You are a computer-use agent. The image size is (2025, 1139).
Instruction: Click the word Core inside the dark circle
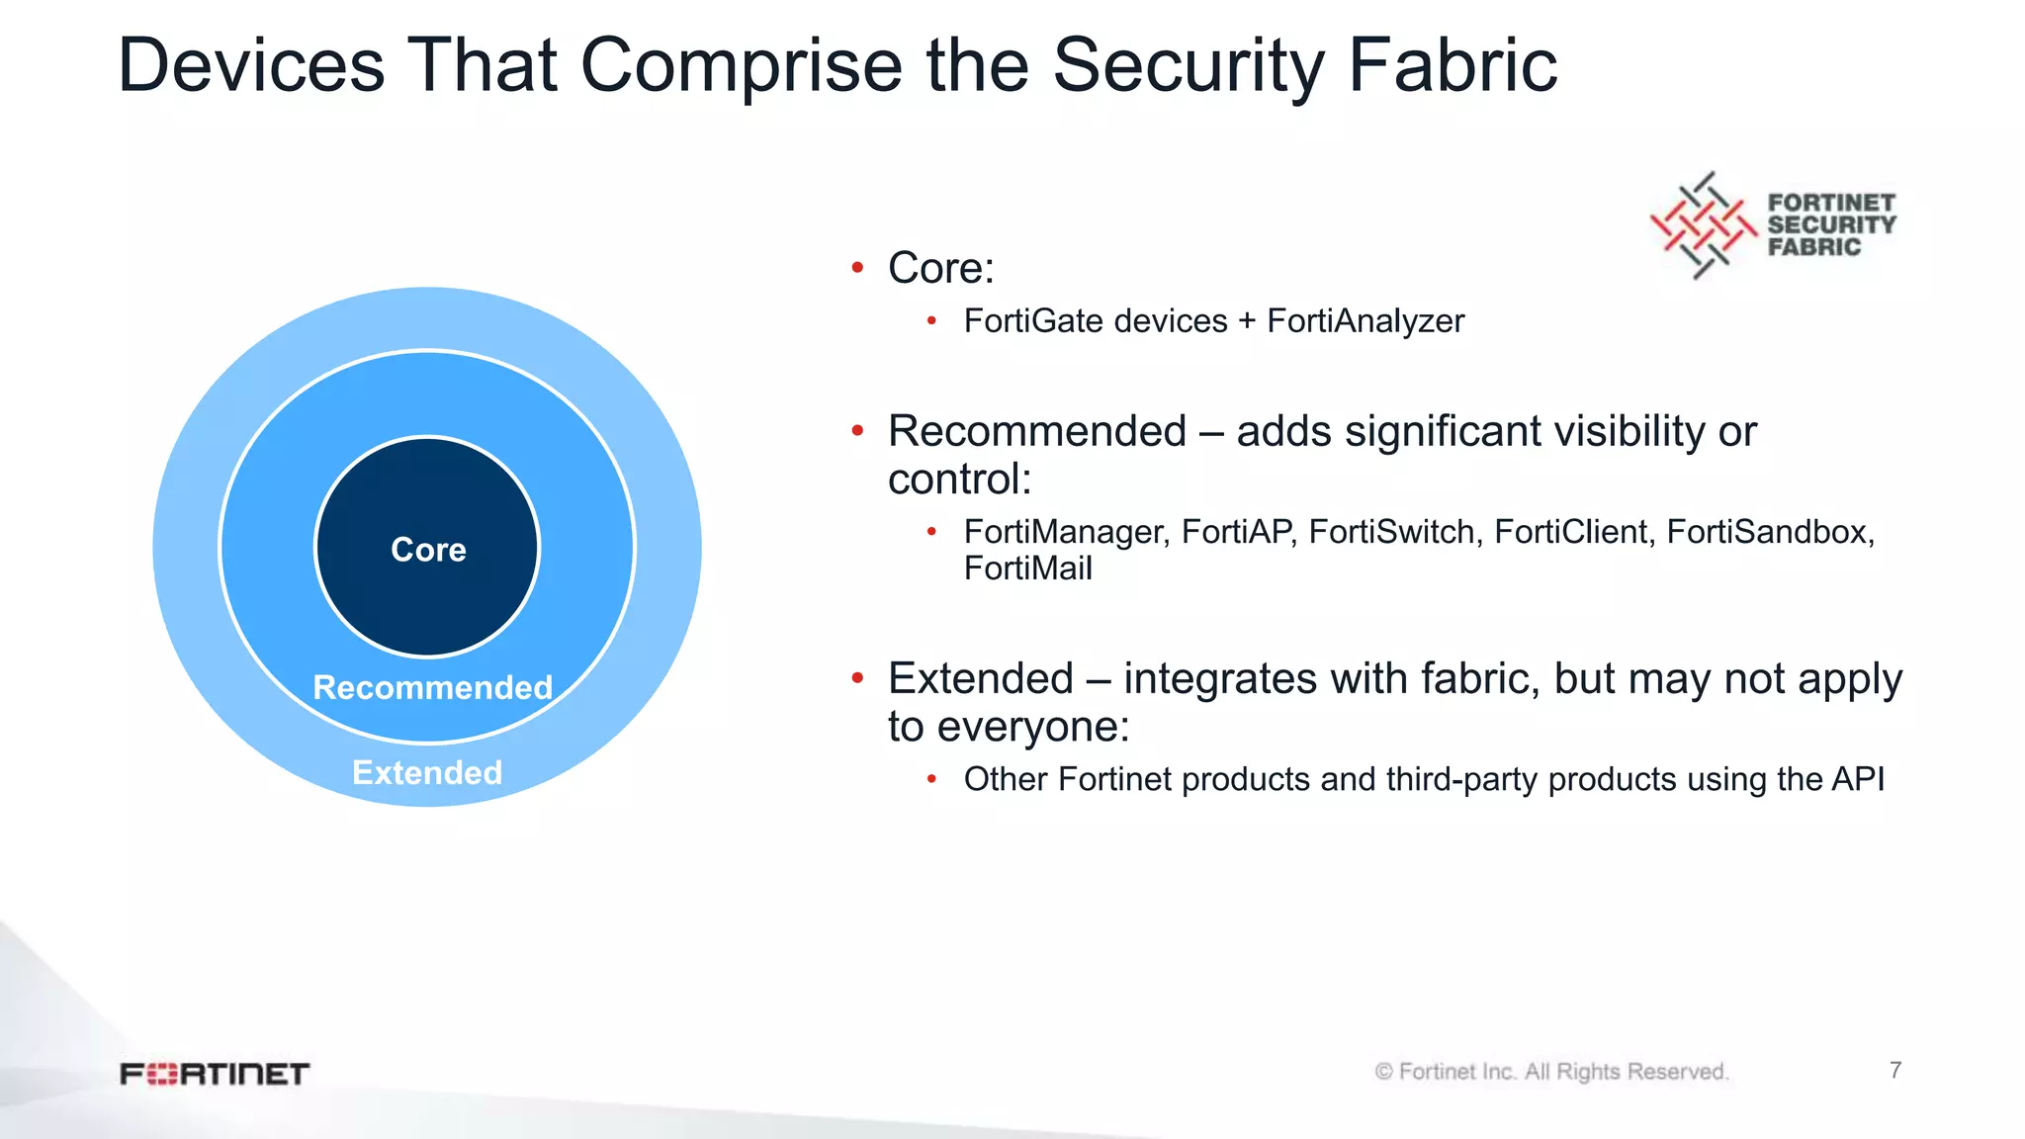tap(428, 550)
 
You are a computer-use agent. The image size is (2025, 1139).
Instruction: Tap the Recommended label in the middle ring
tap(432, 687)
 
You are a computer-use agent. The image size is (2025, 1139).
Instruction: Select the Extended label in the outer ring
tap(427, 772)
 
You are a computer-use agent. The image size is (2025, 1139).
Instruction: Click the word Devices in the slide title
tap(250, 66)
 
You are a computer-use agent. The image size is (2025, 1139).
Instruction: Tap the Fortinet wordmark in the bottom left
tap(215, 1074)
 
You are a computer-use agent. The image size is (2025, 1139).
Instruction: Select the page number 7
tap(1894, 1070)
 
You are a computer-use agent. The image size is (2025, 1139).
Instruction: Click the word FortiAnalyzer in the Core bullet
tap(1365, 321)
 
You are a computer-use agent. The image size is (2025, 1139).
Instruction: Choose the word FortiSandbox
tap(1769, 532)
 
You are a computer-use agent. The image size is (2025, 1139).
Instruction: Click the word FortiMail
tap(1027, 569)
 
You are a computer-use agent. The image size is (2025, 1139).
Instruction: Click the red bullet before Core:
tap(857, 268)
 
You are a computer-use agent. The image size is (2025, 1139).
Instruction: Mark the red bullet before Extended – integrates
tap(857, 678)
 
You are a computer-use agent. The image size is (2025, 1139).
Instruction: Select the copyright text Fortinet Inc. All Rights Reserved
tap(1551, 1072)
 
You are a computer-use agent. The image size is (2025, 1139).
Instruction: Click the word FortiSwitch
tap(1393, 532)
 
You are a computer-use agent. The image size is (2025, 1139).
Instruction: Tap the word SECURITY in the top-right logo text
tap(1831, 225)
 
